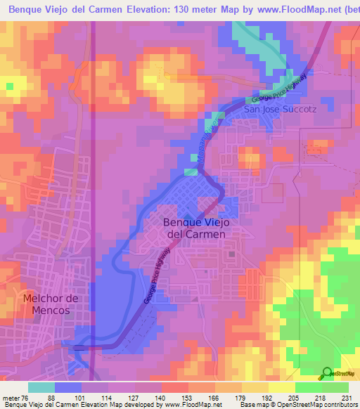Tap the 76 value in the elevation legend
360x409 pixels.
tap(26, 396)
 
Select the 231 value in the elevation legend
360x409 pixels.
tap(347, 396)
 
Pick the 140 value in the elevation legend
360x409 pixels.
tap(161, 396)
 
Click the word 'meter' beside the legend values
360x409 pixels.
tap(10, 396)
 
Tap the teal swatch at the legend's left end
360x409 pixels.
tap(41, 387)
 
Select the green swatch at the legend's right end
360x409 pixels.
tap(335, 387)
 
